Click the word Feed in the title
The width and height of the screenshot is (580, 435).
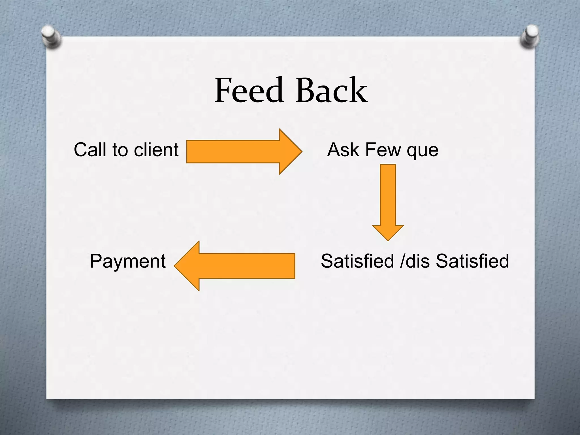[249, 90]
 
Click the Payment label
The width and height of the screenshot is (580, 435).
[127, 261]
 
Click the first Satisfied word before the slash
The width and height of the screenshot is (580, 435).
[357, 261]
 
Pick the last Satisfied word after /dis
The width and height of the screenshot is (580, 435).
[472, 261]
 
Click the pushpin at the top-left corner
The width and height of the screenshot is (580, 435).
[51, 36]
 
